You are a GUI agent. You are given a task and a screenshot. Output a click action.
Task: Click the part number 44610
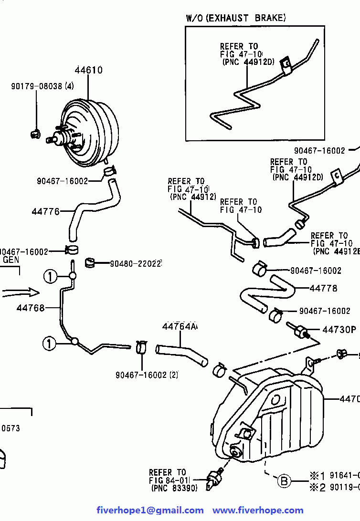point(88,71)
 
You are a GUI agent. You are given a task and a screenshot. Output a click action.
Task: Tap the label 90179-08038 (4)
point(43,86)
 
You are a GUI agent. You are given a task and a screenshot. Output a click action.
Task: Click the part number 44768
point(31,308)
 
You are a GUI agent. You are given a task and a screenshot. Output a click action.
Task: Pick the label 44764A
point(180,326)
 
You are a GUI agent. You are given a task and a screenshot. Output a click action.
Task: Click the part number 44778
point(323,288)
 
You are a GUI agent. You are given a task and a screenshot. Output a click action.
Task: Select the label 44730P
point(339,330)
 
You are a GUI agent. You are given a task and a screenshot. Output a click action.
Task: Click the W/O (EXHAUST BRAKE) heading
point(236,18)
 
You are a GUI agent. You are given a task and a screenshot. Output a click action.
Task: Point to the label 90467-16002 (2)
point(147,375)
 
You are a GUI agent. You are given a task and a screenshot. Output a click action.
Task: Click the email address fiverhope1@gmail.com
point(150,511)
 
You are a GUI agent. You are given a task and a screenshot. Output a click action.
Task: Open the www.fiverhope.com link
point(258,511)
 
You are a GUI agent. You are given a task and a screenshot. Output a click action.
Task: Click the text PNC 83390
point(174,488)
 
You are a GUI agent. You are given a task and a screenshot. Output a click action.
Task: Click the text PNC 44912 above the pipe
point(193,196)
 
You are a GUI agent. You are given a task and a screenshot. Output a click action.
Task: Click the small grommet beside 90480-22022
point(91,262)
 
